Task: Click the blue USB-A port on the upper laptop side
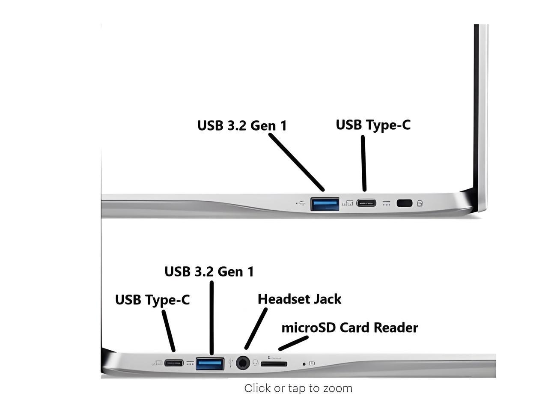coord(325,204)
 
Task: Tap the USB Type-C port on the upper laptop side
coord(366,203)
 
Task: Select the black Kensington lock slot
coord(405,203)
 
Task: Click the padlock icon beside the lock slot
coord(420,203)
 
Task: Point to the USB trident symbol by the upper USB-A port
coord(301,203)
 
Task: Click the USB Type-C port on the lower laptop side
coord(174,363)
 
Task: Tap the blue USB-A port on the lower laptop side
coord(210,364)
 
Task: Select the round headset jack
coord(243,363)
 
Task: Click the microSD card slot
coord(274,364)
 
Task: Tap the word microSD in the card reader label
coord(308,328)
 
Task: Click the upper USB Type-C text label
coord(373,125)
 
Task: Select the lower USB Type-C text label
coord(152,300)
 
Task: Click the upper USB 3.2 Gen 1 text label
coord(242,125)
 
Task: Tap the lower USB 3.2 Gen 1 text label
coord(209,271)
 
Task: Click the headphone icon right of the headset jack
coord(255,363)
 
